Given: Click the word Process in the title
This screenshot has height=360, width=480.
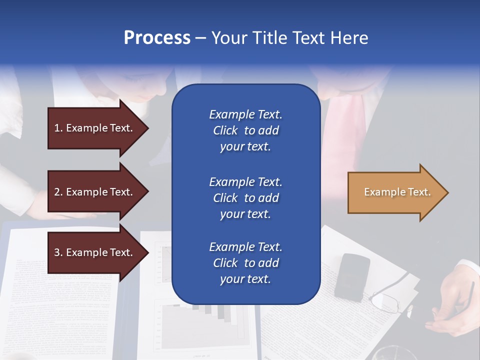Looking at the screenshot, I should point(157,38).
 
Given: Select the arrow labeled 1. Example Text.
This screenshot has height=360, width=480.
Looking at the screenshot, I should point(95,128).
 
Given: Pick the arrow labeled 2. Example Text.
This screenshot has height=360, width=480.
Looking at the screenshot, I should point(95,192).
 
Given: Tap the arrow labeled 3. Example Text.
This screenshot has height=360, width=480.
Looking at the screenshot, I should point(95,252).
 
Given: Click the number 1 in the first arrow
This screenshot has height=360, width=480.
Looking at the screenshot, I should point(57,128).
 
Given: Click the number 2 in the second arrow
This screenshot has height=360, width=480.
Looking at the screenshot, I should point(57,192).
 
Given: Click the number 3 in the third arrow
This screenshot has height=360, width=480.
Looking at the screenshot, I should point(57,252).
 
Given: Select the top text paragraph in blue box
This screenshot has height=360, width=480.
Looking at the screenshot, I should point(245,130).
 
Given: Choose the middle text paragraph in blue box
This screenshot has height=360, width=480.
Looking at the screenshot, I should point(245,198).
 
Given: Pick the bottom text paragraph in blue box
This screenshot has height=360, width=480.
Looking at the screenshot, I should point(245,263).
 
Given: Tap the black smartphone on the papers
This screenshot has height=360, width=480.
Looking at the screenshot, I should point(352,276).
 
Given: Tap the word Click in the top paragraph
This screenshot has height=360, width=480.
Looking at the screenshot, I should point(225,130).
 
